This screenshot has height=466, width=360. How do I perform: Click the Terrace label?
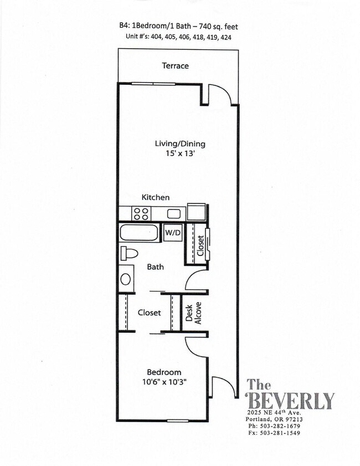[175, 66]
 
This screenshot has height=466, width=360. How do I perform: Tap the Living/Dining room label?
[179, 144]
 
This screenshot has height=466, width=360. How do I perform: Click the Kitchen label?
[156, 197]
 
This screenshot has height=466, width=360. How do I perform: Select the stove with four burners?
[141, 213]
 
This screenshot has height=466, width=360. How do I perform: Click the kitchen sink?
[174, 213]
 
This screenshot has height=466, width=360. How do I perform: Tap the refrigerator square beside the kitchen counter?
[197, 212]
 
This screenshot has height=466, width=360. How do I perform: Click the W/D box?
[172, 233]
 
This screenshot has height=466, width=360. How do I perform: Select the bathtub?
[140, 233]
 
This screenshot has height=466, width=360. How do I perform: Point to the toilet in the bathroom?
[128, 254]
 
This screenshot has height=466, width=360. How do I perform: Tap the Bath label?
[155, 267]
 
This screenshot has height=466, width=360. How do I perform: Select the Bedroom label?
[163, 372]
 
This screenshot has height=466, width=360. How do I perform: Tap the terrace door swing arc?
[223, 93]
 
